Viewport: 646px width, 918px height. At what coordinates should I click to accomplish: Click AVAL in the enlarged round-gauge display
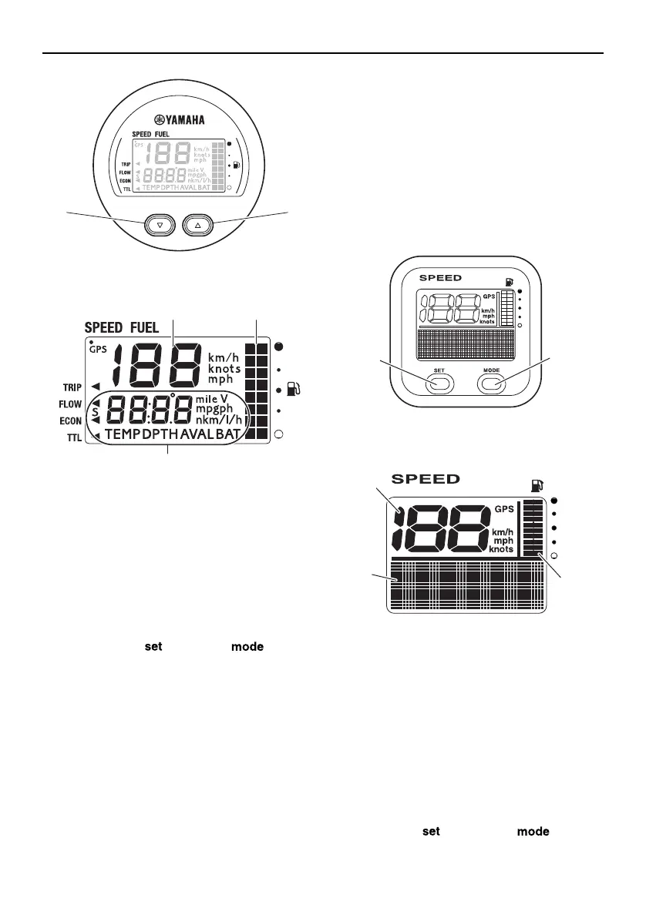tap(197, 434)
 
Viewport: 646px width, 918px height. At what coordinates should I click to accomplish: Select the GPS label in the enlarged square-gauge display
tap(504, 508)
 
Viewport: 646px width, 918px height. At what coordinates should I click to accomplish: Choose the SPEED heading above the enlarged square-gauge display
tap(426, 479)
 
